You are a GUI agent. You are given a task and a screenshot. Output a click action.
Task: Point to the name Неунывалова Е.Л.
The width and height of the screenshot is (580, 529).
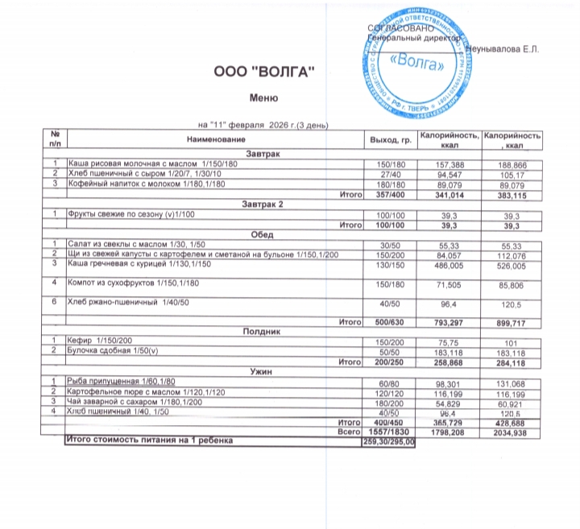[505, 50]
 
